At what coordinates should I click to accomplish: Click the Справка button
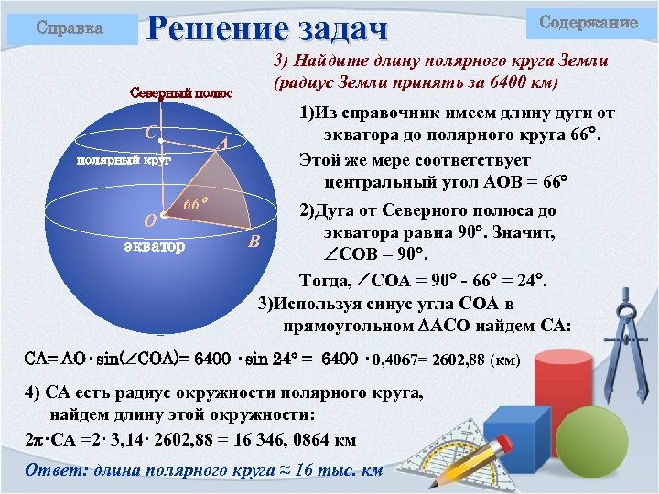[70, 27]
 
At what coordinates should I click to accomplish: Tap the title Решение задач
[268, 26]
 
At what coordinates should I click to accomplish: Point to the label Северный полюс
[181, 93]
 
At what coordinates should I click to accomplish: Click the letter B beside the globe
[256, 242]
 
